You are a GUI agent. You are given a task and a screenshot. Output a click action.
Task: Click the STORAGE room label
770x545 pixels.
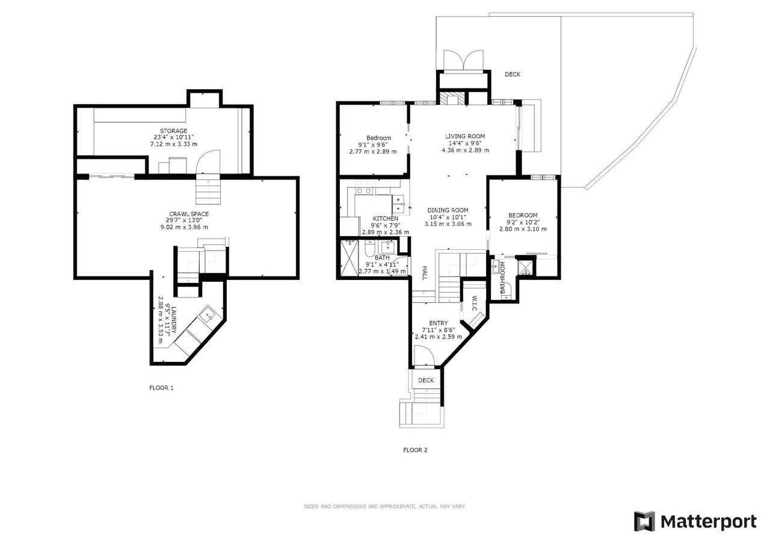click(x=174, y=131)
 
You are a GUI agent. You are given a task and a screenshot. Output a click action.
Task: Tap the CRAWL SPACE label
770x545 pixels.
click(x=189, y=214)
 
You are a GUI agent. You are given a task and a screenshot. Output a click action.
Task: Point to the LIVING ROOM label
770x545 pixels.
click(x=465, y=136)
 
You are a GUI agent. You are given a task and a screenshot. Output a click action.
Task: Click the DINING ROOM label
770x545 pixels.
click(x=448, y=210)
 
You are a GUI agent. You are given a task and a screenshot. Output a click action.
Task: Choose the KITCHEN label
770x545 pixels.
click(x=386, y=219)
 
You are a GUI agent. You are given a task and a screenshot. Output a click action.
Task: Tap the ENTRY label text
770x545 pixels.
click(x=439, y=323)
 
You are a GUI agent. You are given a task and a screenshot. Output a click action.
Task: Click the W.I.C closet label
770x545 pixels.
click(x=475, y=303)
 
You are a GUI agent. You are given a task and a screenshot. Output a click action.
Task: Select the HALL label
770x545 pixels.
click(x=425, y=273)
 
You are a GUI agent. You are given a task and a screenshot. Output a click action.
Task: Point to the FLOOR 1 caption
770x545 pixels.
click(x=161, y=388)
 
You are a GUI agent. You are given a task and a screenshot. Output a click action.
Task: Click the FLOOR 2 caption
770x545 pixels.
click(x=415, y=450)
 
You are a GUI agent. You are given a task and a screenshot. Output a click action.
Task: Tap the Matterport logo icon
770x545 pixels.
click(x=644, y=522)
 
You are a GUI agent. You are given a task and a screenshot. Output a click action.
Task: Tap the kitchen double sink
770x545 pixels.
click(x=398, y=204)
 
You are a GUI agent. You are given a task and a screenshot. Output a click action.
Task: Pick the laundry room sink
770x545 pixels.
click(x=208, y=315)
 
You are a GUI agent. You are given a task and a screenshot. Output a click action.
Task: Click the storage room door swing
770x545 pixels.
click(x=208, y=162)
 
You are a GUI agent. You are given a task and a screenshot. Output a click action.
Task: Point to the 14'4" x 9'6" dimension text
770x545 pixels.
click(x=465, y=143)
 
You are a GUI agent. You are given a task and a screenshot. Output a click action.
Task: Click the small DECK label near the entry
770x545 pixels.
click(x=426, y=380)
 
